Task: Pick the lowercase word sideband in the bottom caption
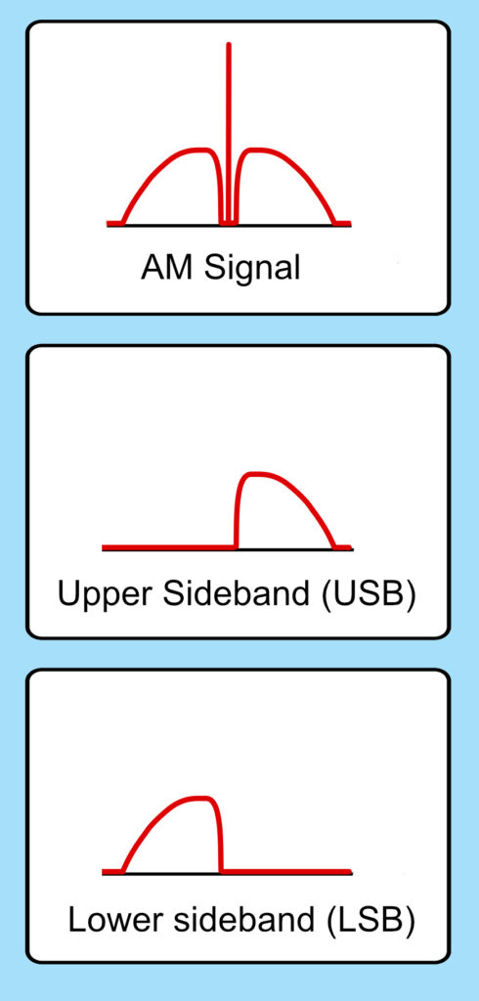point(239,919)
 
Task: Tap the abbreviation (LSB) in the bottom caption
point(370,921)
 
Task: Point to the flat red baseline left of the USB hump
point(168,547)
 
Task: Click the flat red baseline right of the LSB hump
point(286,871)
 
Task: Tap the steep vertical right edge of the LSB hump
point(220,837)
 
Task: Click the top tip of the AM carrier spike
point(229,43)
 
